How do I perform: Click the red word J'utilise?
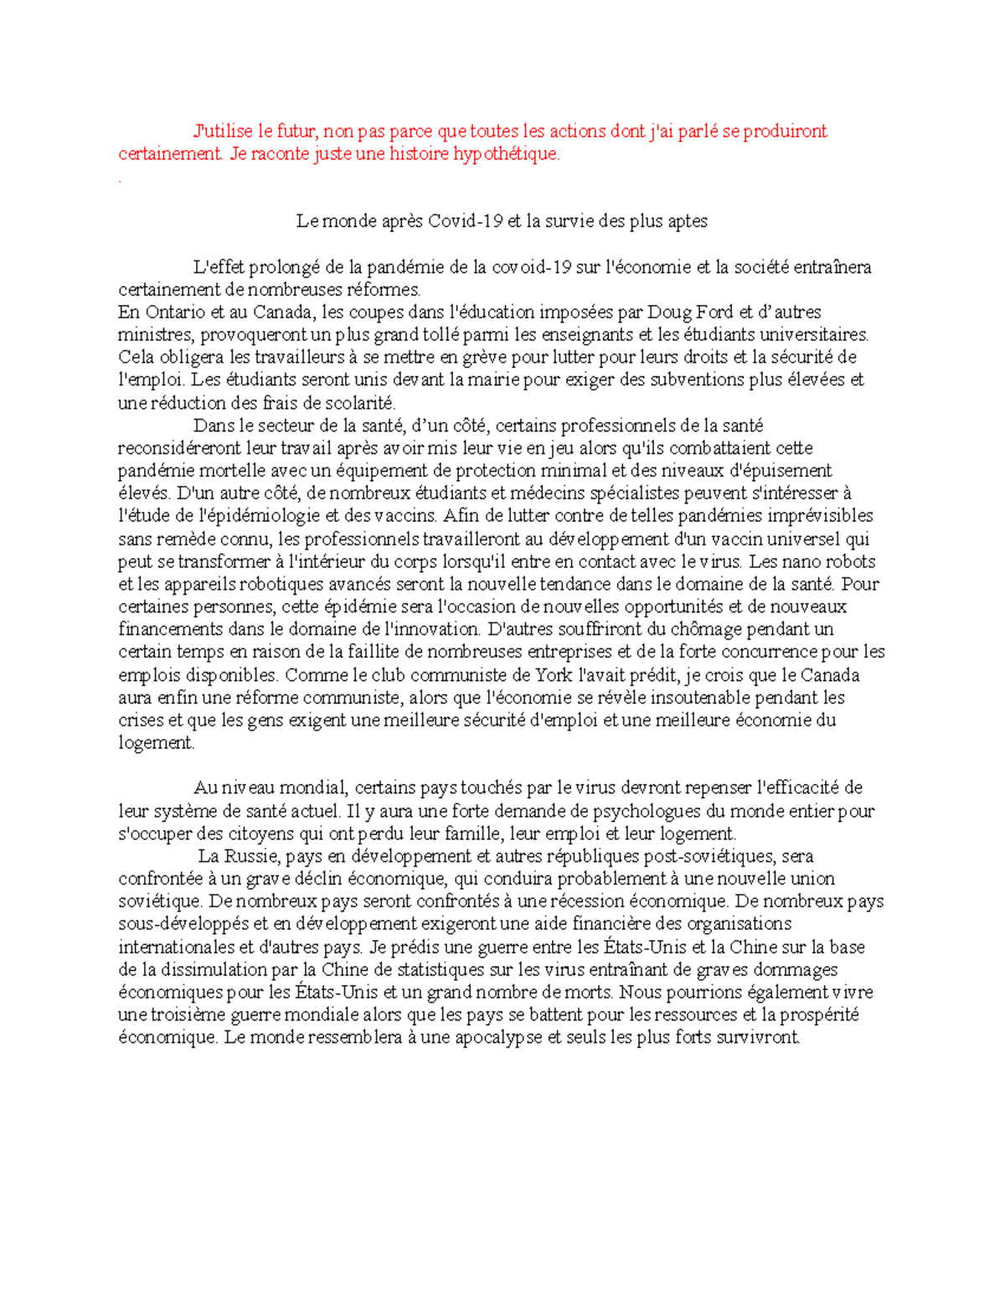(x=222, y=132)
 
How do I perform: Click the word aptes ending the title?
(x=687, y=221)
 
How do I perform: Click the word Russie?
(x=254, y=856)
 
